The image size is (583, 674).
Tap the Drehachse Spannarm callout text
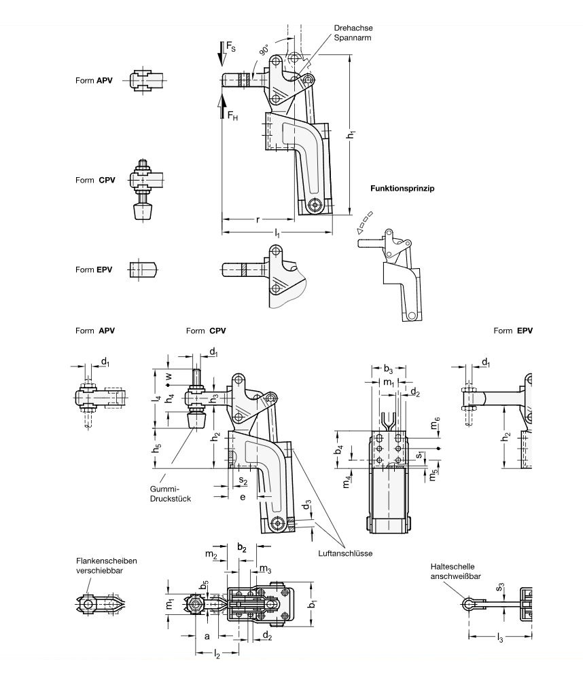353,33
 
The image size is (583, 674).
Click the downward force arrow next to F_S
222,52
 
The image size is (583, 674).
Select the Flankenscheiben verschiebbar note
107,566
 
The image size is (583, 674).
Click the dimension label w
169,375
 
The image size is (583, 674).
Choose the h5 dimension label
157,448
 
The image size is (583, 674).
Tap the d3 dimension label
307,506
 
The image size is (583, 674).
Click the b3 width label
387,369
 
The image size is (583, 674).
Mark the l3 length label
500,639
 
